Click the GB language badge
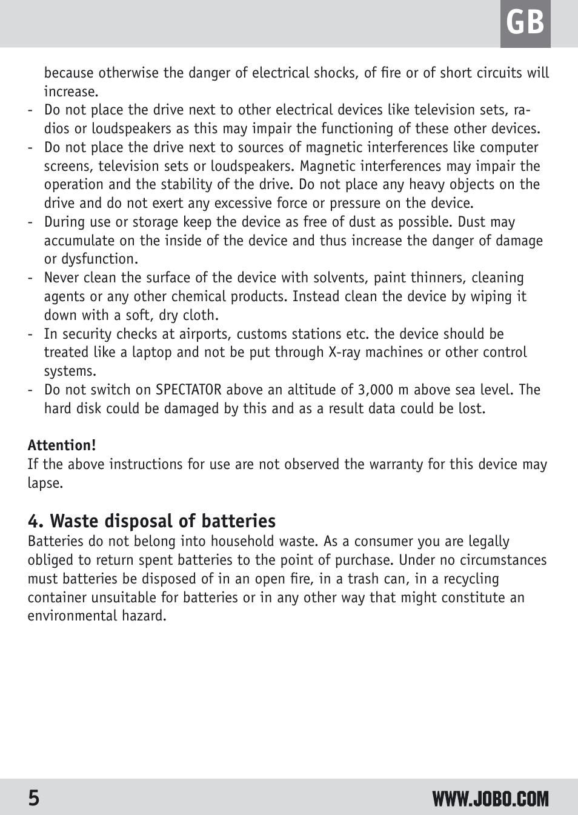tap(525, 24)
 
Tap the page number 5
tap(34, 798)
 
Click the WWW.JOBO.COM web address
tap(490, 799)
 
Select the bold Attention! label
tap(62, 445)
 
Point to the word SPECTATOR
tap(188, 390)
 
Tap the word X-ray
tap(346, 352)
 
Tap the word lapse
tap(44, 483)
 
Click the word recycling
tap(471, 579)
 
